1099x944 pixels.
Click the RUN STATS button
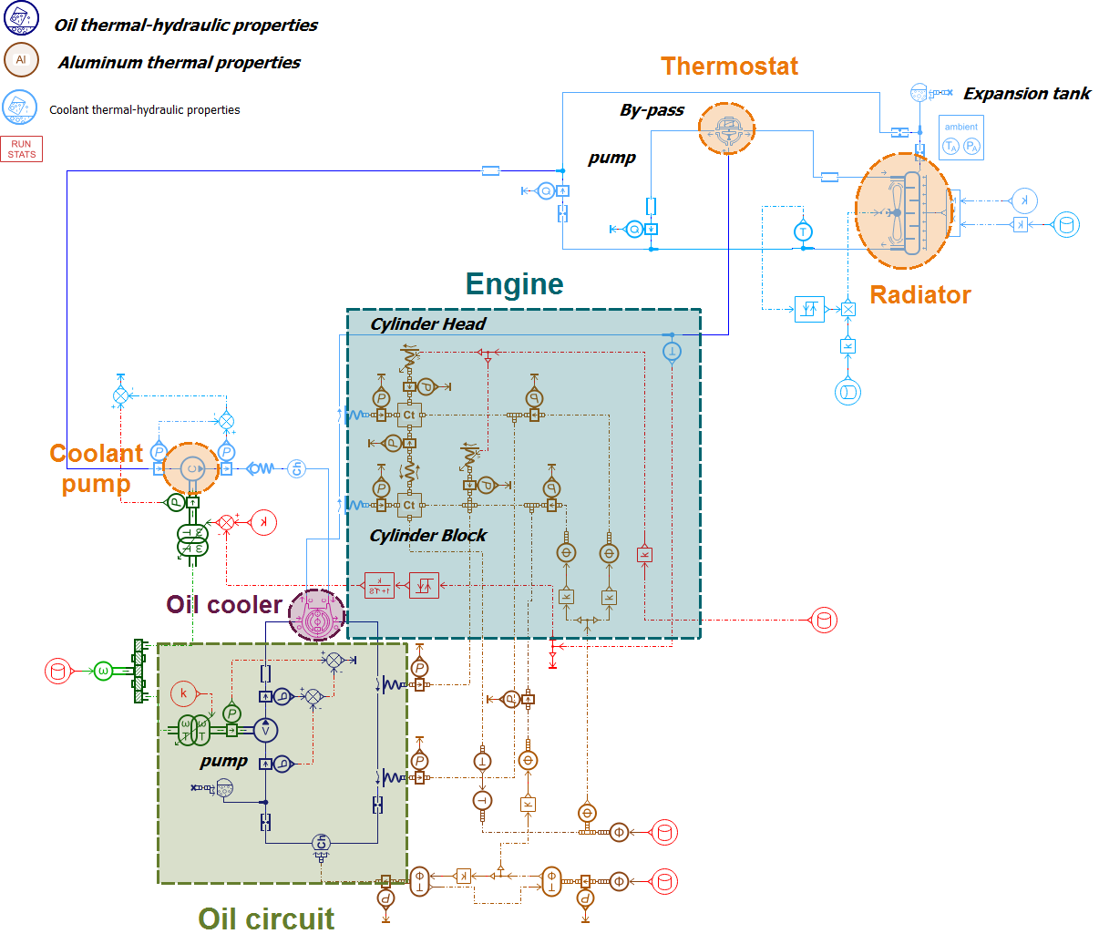tap(22, 149)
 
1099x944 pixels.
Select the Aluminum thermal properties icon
tap(21, 60)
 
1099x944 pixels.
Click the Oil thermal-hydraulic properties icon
tap(21, 17)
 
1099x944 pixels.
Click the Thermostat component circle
tap(727, 128)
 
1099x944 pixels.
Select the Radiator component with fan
tap(902, 211)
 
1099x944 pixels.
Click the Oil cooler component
tap(317, 615)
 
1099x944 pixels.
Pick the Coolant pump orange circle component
tap(191, 469)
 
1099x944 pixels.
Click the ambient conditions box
tap(960, 139)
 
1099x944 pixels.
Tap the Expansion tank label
tap(1026, 94)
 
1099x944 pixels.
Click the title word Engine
tap(514, 284)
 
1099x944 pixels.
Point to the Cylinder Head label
tap(427, 324)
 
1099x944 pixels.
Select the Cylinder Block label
tap(427, 536)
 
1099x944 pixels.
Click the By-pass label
tap(652, 110)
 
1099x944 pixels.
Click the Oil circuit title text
tap(266, 918)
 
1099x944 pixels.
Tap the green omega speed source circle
tap(103, 672)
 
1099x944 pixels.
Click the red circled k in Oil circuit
tap(183, 693)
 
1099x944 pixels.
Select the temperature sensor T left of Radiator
tap(803, 231)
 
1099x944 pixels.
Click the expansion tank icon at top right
tap(920, 93)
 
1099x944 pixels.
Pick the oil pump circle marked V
tap(265, 730)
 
